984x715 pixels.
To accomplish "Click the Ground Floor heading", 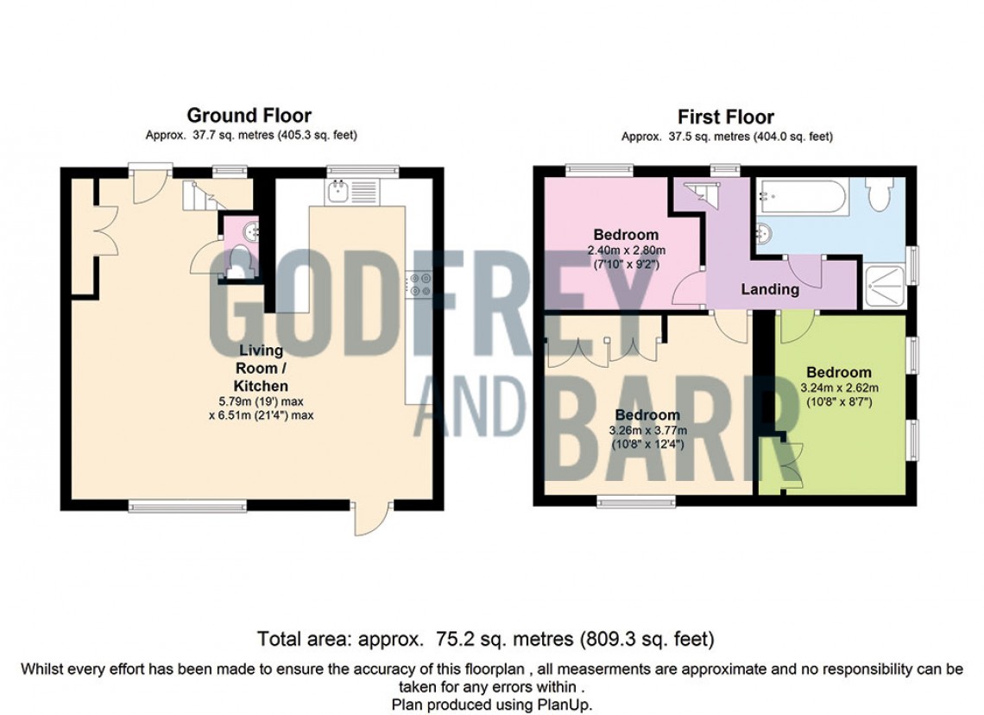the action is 249,116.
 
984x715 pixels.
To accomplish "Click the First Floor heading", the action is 725,117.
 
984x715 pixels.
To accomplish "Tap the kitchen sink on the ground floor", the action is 337,190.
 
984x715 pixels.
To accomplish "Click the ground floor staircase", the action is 199,194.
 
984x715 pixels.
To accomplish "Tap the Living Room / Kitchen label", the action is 261,368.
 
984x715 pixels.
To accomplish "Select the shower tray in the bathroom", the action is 885,288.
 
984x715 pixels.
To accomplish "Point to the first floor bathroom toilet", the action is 878,194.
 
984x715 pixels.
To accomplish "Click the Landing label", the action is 770,289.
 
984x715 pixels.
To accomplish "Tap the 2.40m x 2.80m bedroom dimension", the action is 627,250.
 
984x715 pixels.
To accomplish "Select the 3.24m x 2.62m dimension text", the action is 839,388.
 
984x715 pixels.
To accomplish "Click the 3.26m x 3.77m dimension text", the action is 647,431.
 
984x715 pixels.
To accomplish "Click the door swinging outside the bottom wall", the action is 371,517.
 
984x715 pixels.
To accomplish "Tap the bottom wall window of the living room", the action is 188,504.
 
